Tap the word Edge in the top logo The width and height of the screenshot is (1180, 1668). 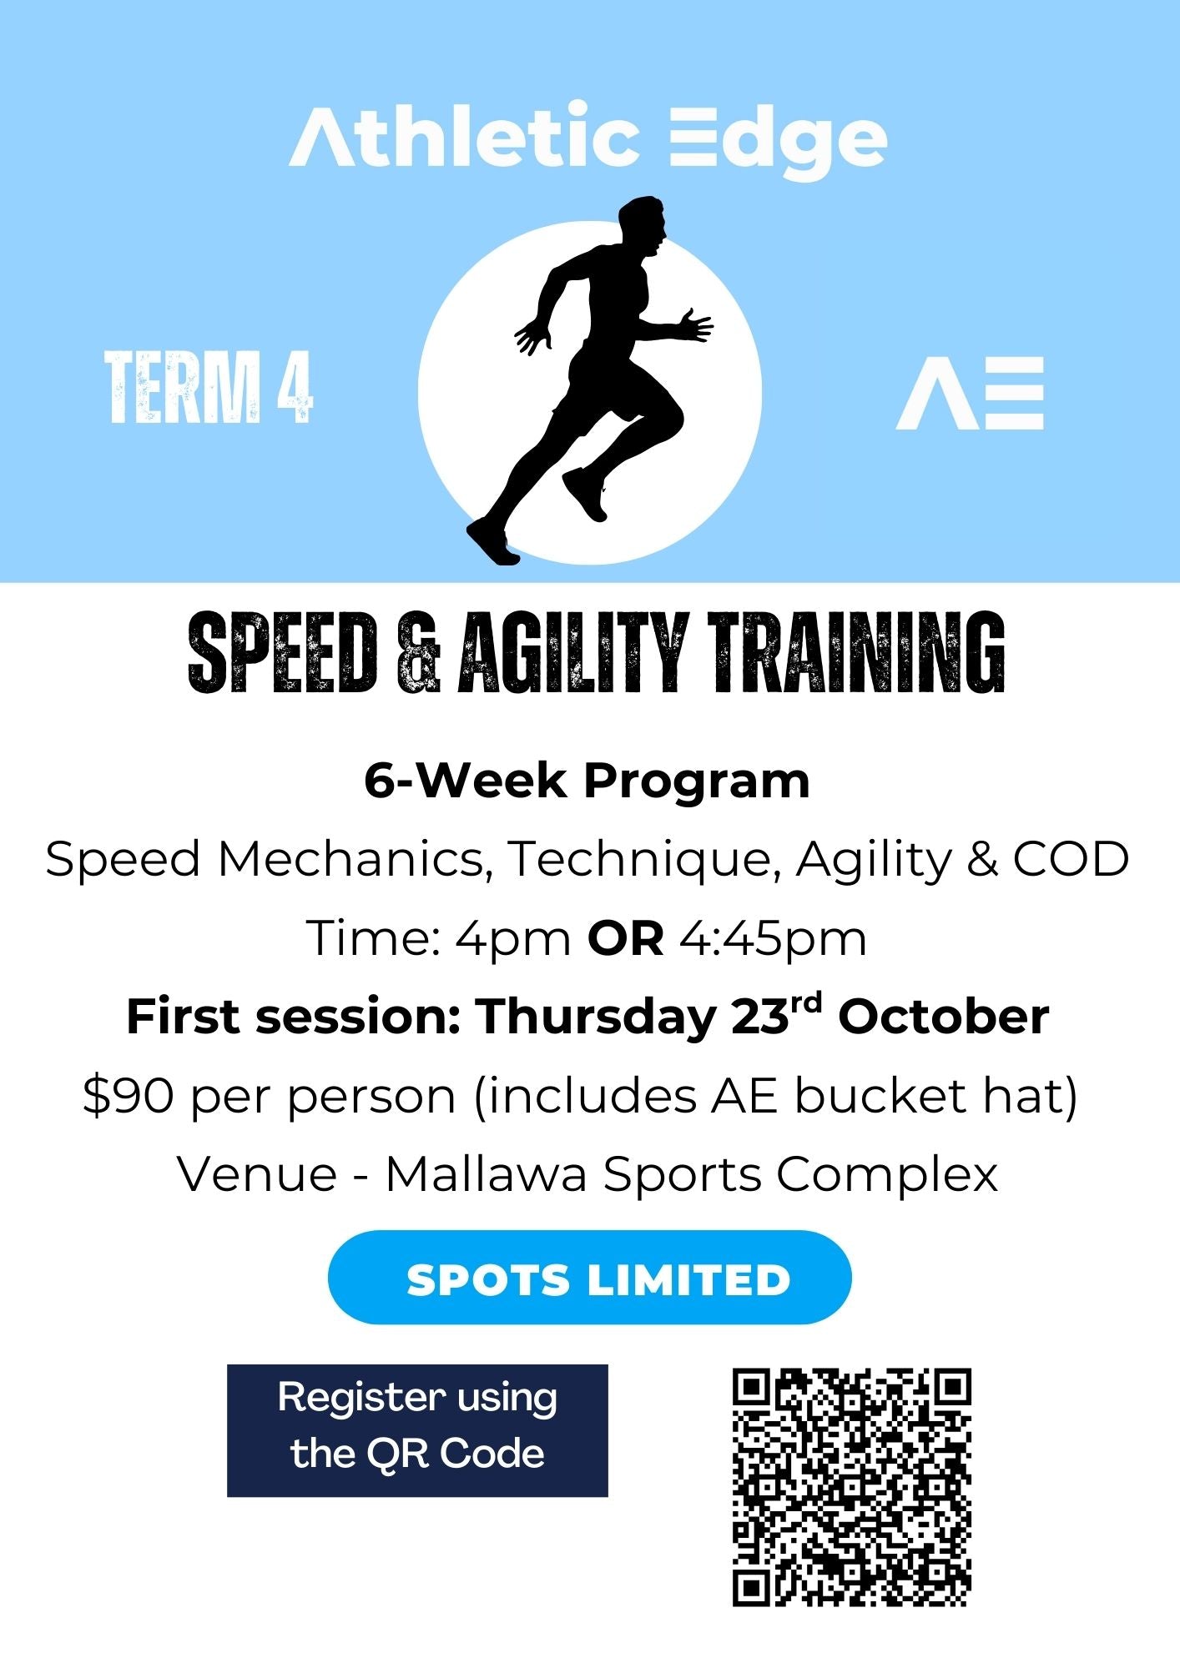[x=779, y=140]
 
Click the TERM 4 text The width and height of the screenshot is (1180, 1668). [x=209, y=387]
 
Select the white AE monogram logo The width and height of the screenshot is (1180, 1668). [x=970, y=394]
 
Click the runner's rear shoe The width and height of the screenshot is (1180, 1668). [x=492, y=541]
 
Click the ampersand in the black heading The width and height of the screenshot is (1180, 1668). [x=418, y=653]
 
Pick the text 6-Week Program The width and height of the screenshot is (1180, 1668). [x=587, y=781]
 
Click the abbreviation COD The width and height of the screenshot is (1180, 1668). [x=1072, y=859]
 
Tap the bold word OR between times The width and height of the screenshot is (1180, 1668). [x=626, y=938]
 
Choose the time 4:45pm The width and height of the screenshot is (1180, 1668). [x=774, y=940]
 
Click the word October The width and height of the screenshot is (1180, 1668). [x=944, y=1017]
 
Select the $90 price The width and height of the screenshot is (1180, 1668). [x=129, y=1096]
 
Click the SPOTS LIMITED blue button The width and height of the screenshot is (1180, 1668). [x=590, y=1277]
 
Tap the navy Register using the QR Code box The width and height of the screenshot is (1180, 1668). [x=417, y=1430]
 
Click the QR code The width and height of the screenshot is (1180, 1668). [x=852, y=1487]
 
